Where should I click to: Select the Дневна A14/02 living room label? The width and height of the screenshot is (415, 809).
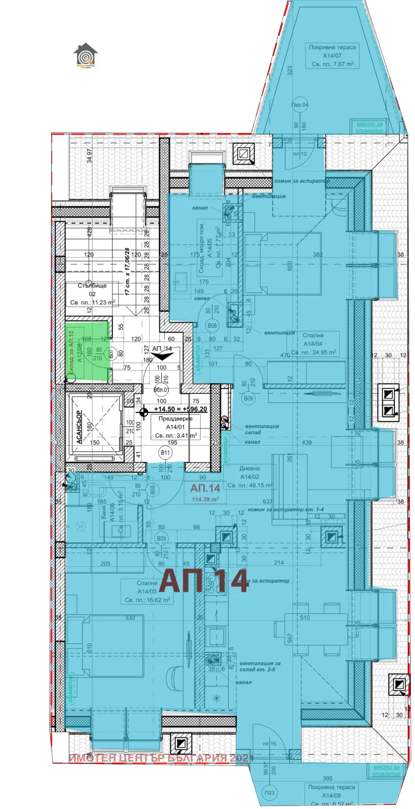tap(249, 476)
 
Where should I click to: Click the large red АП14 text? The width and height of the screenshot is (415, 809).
tap(204, 581)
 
